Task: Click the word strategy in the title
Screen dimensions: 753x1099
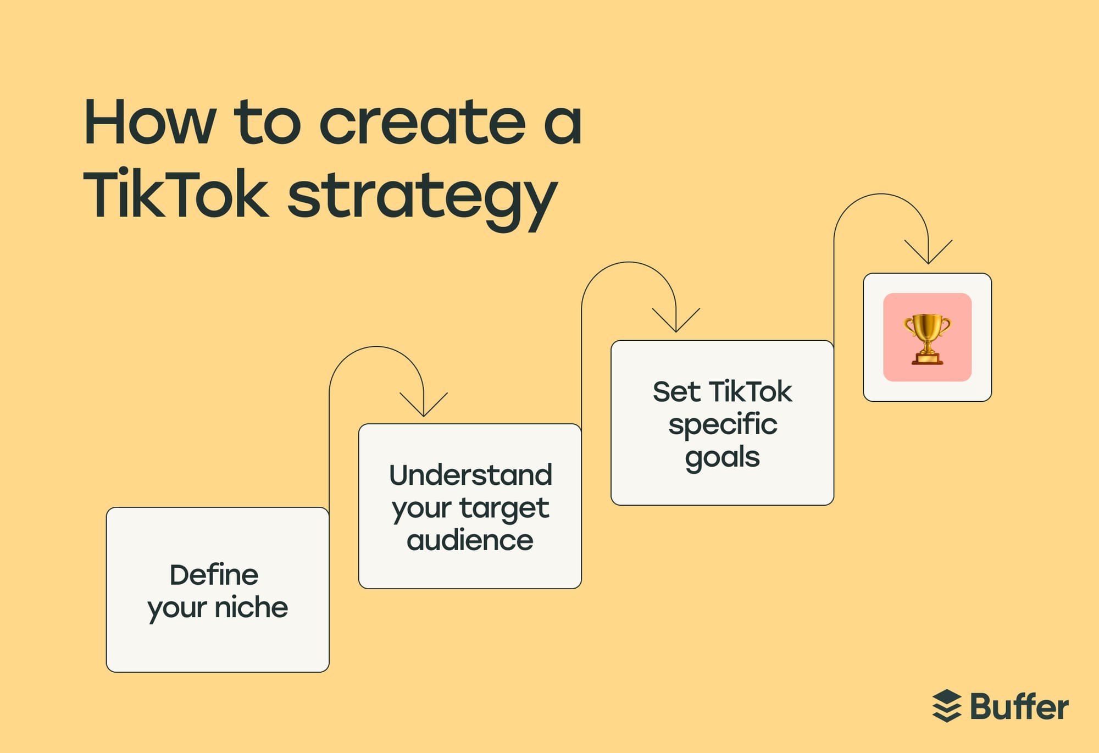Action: click(422, 198)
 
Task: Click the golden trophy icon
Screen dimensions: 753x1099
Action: click(927, 339)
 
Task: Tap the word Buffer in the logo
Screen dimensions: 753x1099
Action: click(1019, 707)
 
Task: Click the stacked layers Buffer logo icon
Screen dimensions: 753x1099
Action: click(947, 706)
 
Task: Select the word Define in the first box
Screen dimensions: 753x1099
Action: click(214, 575)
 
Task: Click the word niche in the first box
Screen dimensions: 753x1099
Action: click(251, 607)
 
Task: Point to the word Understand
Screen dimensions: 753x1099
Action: click(470, 475)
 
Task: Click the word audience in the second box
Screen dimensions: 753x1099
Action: click(470, 540)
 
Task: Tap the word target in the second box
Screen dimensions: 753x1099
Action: click(504, 508)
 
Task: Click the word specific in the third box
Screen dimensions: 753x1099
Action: click(723, 425)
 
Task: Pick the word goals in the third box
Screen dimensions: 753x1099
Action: click(722, 458)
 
